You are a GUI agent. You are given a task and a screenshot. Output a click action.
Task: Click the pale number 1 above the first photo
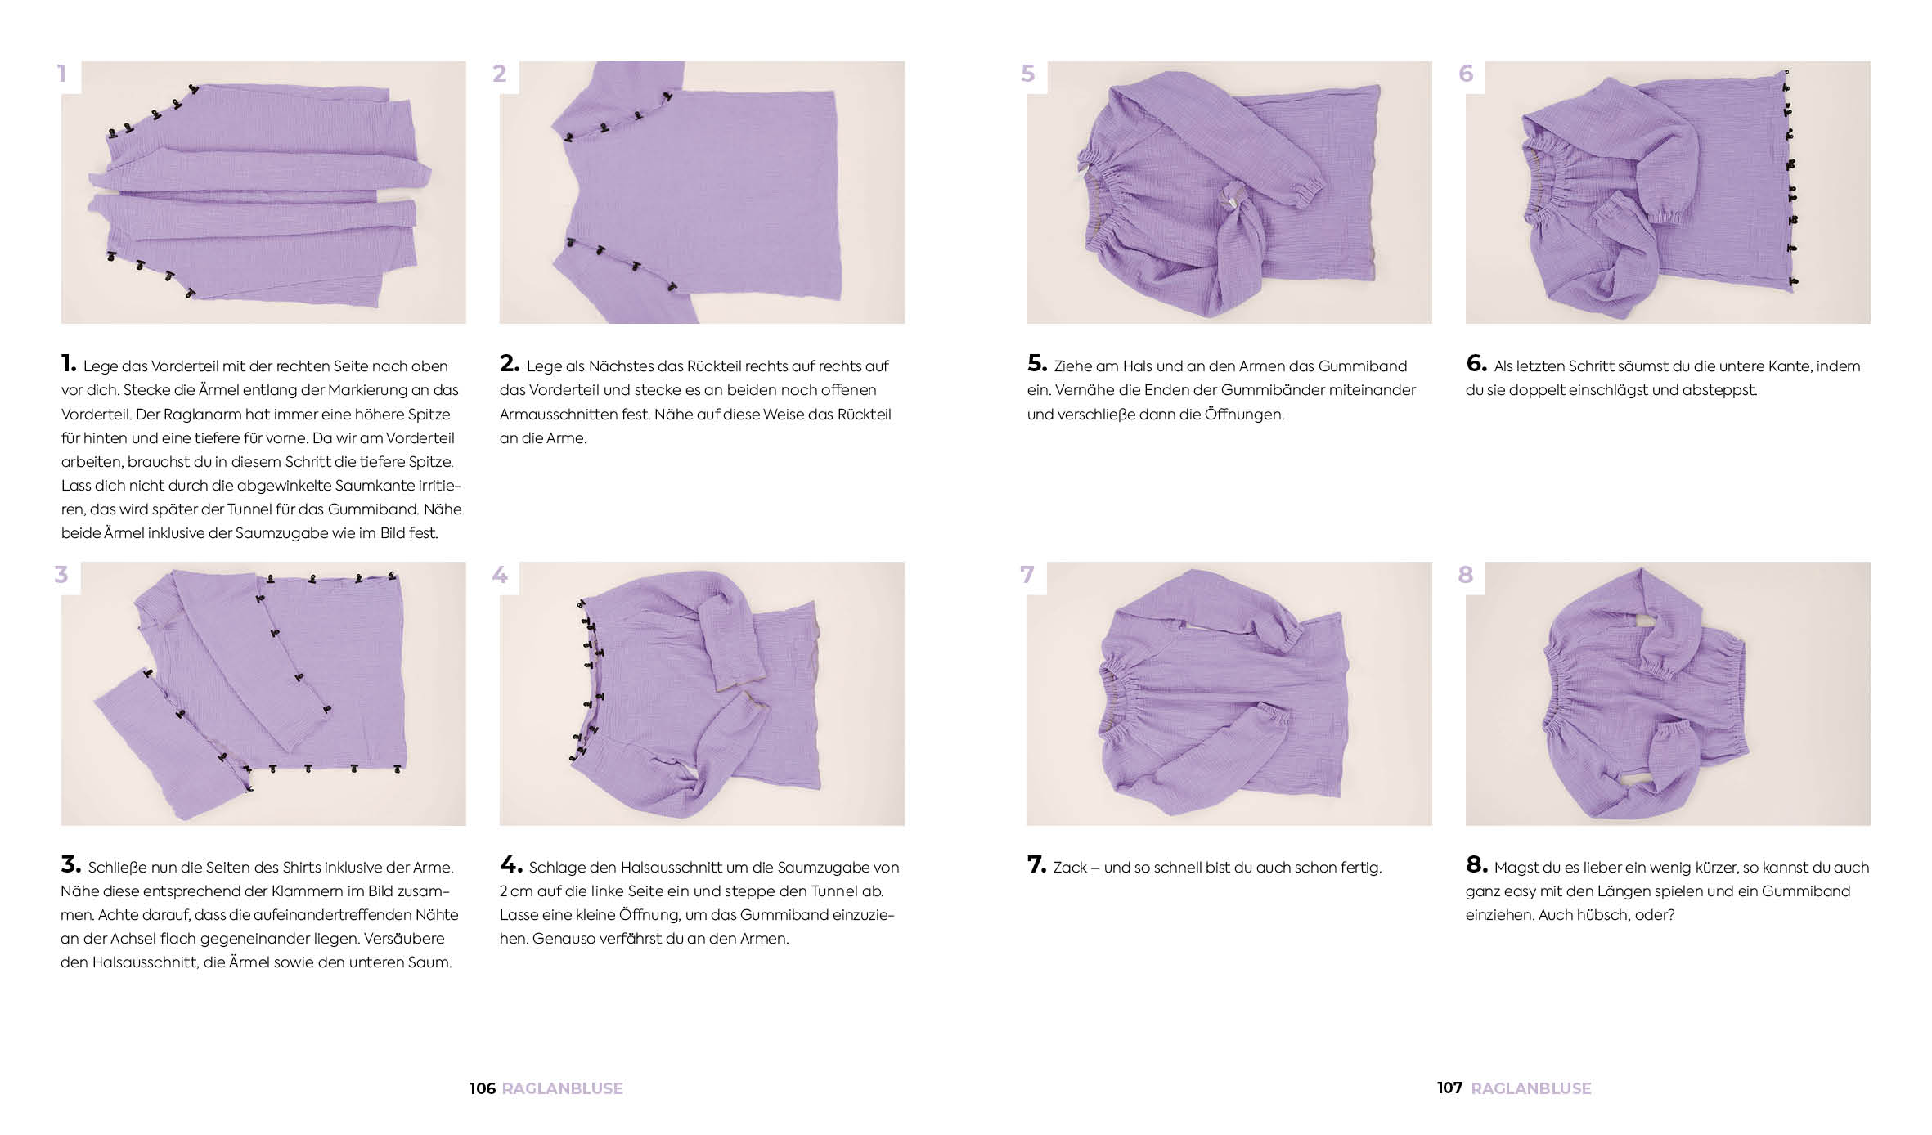pyautogui.click(x=61, y=74)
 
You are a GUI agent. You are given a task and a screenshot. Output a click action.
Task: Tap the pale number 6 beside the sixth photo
pyautogui.click(x=1466, y=74)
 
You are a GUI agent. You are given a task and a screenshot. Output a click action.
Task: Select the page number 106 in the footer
pyautogui.click(x=483, y=1088)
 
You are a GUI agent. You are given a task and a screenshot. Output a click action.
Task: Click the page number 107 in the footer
pyautogui.click(x=1449, y=1088)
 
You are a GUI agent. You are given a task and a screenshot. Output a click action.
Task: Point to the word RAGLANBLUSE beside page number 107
pyautogui.click(x=1531, y=1088)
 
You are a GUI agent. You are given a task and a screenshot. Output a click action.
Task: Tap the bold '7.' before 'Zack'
pyautogui.click(x=1036, y=864)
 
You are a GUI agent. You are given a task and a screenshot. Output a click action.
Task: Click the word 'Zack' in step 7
pyautogui.click(x=1069, y=868)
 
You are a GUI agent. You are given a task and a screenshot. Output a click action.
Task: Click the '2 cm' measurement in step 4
pyautogui.click(x=516, y=891)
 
